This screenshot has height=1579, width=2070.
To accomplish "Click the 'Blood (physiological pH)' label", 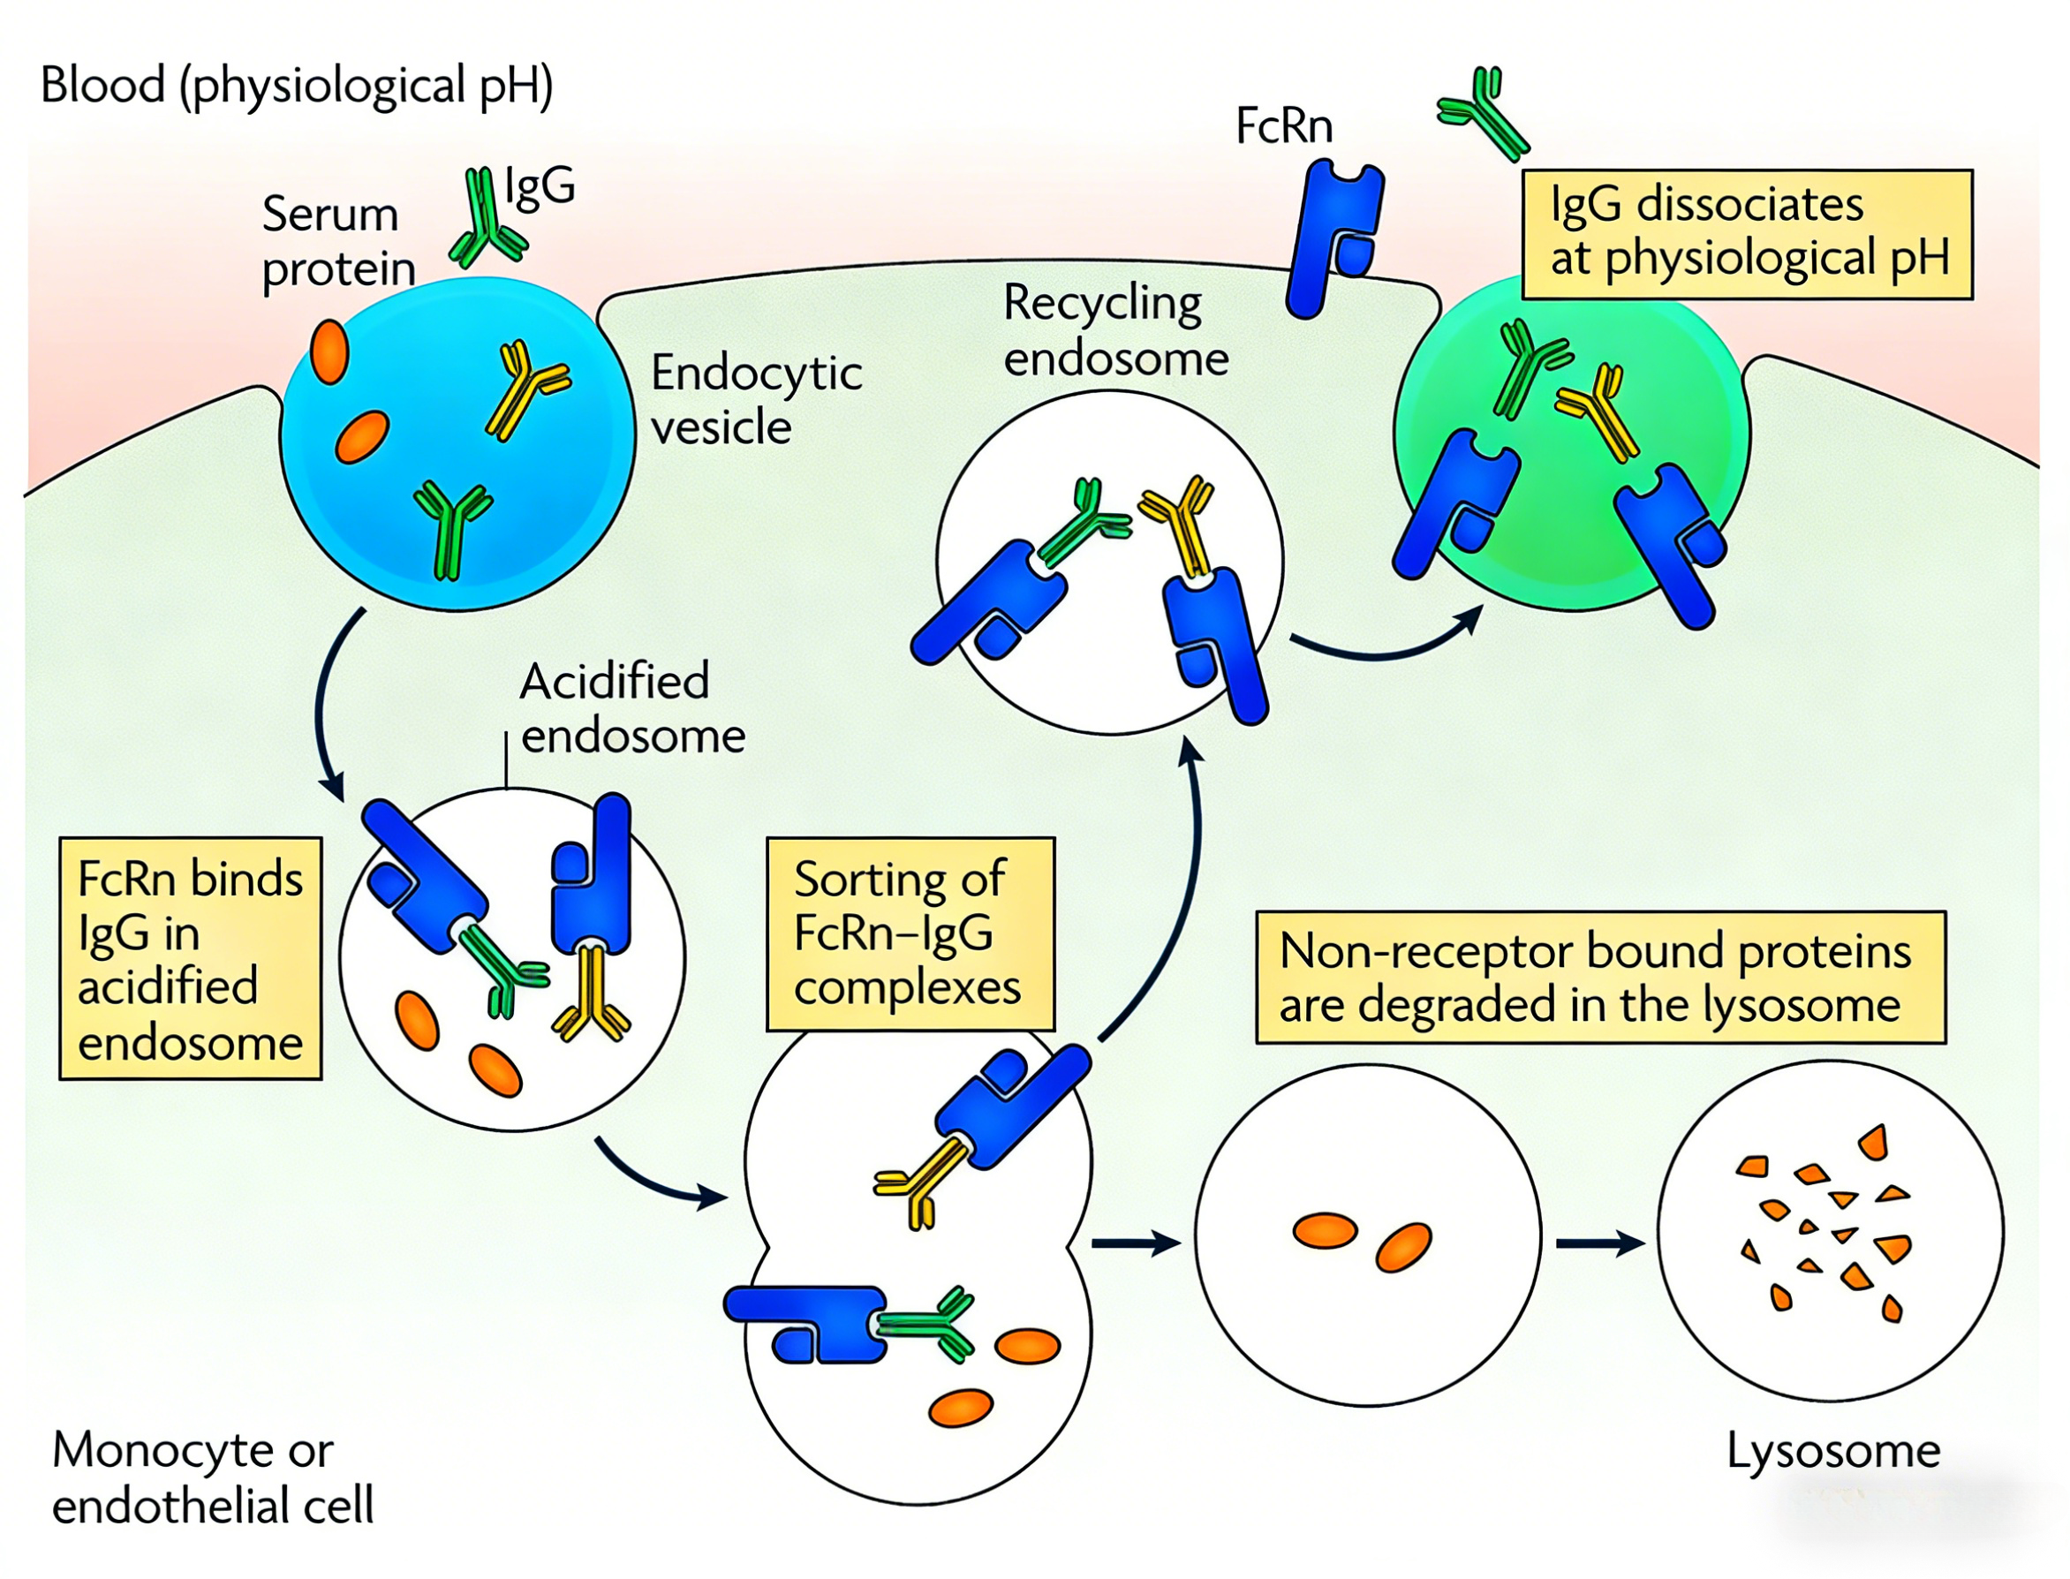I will [296, 86].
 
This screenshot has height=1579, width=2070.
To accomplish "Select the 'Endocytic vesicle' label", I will [755, 399].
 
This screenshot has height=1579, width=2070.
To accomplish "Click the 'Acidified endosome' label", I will [631, 707].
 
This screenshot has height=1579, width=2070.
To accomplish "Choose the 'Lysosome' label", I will [1833, 1450].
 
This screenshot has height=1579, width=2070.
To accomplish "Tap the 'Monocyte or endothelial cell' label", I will [212, 1477].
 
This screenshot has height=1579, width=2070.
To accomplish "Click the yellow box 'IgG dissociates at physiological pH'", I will [1747, 234].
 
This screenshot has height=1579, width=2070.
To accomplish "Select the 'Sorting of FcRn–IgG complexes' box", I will [910, 933].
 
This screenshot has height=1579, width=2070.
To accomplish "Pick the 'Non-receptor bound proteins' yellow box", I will [1600, 977].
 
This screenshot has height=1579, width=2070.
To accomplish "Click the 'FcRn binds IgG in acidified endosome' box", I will [191, 958].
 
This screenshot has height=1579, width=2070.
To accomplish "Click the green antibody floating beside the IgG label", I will [486, 218].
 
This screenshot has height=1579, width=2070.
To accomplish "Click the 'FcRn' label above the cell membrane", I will [1283, 126].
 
